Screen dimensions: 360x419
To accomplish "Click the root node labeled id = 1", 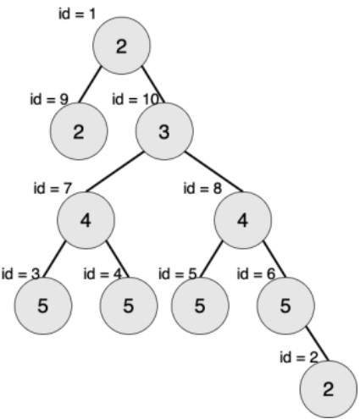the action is (121, 46).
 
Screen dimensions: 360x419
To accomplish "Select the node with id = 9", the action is (79, 131).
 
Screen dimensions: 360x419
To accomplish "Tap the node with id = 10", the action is (164, 131).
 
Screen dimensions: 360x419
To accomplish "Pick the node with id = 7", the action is (86, 220).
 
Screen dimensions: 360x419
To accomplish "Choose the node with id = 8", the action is (243, 220).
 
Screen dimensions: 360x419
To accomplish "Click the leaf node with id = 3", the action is (43, 306).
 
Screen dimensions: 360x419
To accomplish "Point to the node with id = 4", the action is (129, 306).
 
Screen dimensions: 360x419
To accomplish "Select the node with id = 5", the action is (200, 306).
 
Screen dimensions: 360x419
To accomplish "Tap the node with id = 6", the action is (285, 306).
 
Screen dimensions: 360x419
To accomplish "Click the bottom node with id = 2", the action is (329, 389).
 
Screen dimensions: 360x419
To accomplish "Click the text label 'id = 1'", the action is (77, 14).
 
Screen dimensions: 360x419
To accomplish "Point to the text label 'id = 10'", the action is (135, 99).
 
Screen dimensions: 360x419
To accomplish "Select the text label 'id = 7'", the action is (53, 188).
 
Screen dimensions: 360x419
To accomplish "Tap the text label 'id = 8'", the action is (202, 188).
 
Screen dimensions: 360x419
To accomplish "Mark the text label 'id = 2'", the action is (299, 357).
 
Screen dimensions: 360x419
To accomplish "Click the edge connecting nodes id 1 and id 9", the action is (90, 85).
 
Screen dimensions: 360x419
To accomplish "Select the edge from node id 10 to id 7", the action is (115, 172).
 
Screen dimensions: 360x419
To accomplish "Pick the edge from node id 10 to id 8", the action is (213, 172).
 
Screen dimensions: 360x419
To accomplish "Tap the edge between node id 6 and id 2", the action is (318, 344).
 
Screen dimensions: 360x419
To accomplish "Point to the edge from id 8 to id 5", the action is (212, 260).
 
